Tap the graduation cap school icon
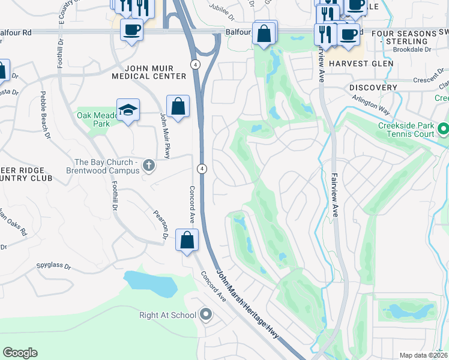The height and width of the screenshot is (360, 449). click(x=128, y=110)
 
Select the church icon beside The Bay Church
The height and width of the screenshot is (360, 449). click(x=148, y=164)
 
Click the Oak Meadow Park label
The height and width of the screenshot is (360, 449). click(x=96, y=119)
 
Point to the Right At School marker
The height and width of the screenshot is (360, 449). click(x=206, y=314)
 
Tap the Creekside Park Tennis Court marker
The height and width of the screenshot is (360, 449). click(x=444, y=129)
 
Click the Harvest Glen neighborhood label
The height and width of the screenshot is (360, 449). click(x=361, y=63)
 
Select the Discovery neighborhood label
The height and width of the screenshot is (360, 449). click(x=373, y=88)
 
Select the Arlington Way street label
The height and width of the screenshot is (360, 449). click(x=372, y=104)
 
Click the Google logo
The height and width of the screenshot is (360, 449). click(x=20, y=353)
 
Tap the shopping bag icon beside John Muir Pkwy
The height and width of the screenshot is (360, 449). click(x=178, y=107)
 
